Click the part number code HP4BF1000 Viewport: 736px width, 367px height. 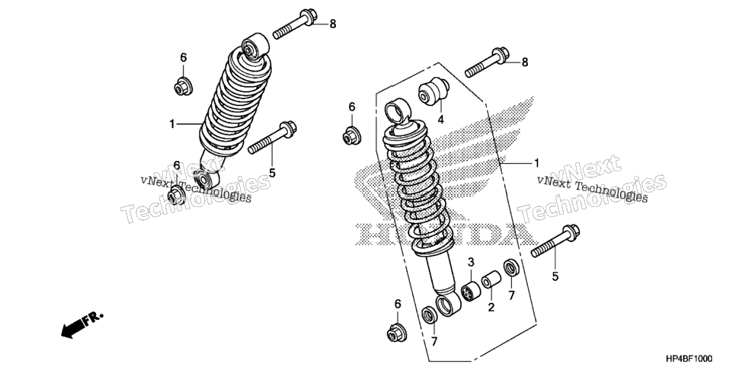coord(699,358)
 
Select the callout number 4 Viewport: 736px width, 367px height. coord(440,120)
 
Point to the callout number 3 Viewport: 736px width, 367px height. coord(471,262)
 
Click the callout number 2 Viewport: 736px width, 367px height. coord(491,308)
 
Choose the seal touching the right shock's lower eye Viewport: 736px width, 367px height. coord(429,315)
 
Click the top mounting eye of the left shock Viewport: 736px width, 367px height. coord(255,46)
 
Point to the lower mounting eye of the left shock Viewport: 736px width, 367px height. coord(206,178)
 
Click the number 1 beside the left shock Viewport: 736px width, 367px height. coord(172,124)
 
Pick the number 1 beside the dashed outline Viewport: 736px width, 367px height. coord(536,163)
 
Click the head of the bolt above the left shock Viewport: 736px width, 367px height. coord(308,17)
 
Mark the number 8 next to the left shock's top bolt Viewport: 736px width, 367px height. coord(333,24)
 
